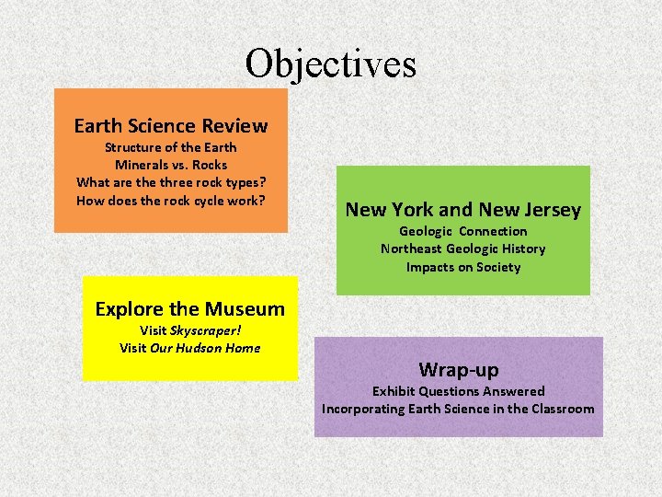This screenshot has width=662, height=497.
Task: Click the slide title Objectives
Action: click(330, 64)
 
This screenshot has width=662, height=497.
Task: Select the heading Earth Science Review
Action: click(171, 126)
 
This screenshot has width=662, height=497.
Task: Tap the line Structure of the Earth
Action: click(171, 147)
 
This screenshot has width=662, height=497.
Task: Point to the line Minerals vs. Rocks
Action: click(171, 165)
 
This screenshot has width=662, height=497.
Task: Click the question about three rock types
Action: click(171, 182)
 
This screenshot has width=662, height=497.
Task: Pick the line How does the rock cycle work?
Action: click(171, 201)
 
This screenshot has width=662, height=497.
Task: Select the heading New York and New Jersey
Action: click(463, 210)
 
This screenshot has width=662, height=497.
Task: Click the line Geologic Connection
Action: click(463, 231)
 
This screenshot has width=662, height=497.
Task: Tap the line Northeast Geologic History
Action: click(463, 248)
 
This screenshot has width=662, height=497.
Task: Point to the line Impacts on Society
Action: click(463, 267)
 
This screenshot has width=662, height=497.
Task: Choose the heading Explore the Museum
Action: click(190, 309)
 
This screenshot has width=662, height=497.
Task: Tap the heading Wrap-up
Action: click(459, 370)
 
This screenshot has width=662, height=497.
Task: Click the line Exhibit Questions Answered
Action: click(459, 391)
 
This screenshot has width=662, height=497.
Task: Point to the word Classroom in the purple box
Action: click(563, 409)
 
